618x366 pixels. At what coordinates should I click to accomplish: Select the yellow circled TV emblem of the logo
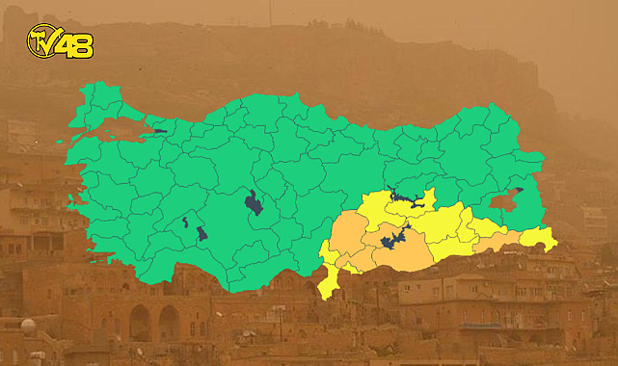click(x=41, y=39)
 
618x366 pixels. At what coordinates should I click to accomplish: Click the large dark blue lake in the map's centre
click(x=254, y=203)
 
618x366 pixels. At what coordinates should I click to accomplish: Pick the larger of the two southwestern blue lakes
click(x=202, y=233)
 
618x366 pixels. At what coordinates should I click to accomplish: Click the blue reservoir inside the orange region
click(x=393, y=238)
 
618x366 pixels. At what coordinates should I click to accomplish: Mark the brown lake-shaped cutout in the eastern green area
click(x=503, y=201)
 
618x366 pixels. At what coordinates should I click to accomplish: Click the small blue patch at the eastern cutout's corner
click(x=519, y=191)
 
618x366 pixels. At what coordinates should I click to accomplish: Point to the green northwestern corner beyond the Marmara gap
click(x=87, y=116)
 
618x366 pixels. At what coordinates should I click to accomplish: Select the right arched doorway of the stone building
click(x=169, y=324)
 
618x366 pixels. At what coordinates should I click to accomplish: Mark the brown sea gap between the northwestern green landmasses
click(x=121, y=130)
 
